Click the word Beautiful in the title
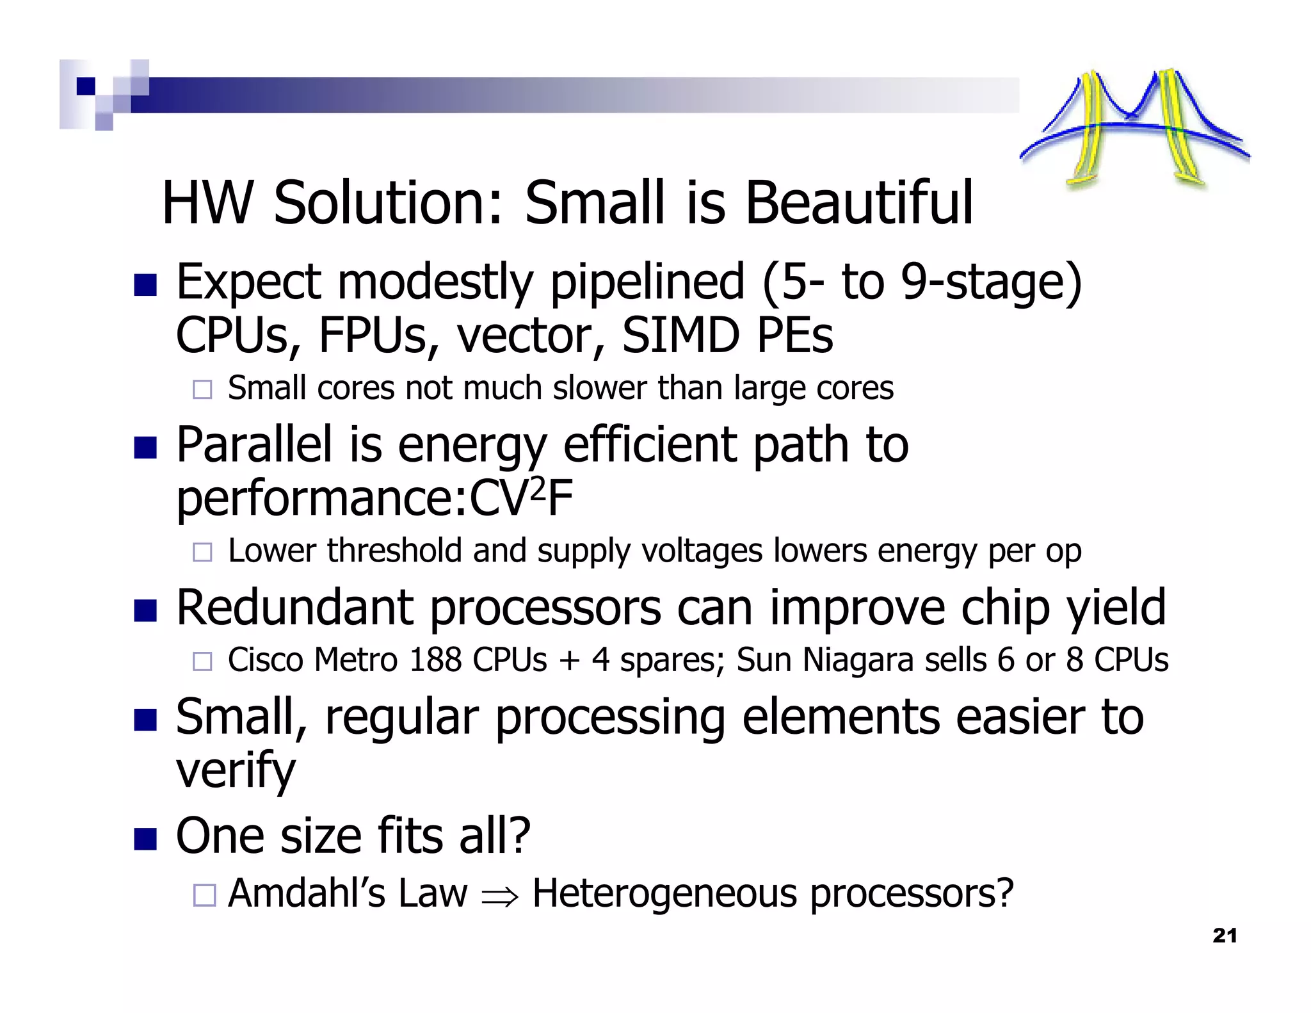point(859,204)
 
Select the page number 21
point(1224,936)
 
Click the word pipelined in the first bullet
point(647,282)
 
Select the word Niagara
point(858,660)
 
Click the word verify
point(236,771)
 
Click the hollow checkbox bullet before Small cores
point(202,389)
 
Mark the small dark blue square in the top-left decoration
point(86,86)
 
